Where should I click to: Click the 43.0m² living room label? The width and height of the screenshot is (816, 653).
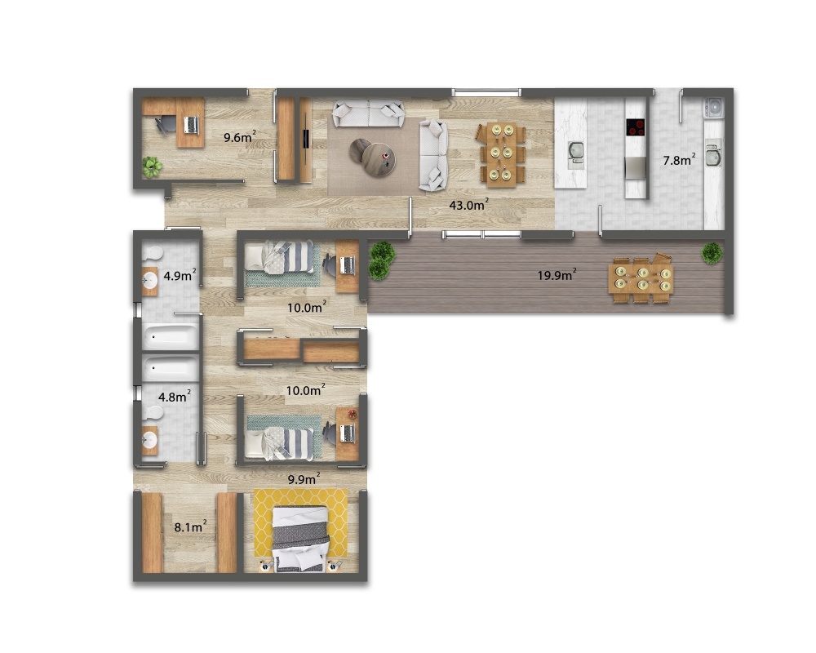(469, 205)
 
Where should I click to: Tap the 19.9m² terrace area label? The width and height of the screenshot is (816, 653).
(557, 274)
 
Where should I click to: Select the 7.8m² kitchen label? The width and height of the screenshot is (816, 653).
(679, 160)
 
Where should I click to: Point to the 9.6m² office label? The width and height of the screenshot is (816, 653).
(240, 137)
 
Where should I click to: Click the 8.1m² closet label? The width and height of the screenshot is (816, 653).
(190, 527)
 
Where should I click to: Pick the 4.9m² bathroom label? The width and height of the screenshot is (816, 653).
(180, 275)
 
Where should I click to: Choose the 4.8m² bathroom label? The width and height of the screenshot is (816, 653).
(175, 397)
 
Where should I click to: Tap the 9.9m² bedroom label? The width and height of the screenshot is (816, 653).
(304, 479)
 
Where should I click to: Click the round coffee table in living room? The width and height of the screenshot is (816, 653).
(378, 159)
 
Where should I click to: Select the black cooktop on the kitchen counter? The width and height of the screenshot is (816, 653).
(636, 127)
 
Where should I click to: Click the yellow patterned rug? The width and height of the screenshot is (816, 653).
(301, 523)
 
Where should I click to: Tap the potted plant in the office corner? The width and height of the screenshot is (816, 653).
(152, 167)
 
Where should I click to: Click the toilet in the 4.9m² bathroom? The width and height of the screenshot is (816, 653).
(153, 254)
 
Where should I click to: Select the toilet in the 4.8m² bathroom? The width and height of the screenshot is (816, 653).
(153, 413)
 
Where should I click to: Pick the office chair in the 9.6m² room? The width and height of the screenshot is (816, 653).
(166, 125)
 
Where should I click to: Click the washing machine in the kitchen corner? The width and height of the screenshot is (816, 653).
(713, 108)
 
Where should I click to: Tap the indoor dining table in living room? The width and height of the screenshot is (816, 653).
(502, 154)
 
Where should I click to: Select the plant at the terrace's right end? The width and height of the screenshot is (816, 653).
(712, 253)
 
